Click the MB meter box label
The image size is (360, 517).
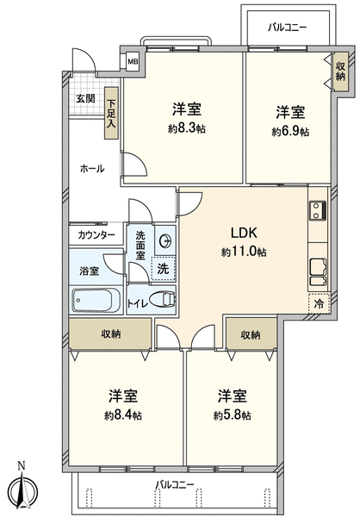(133, 61)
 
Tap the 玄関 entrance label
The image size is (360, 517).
(86, 98)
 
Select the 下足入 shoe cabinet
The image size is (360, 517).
(111, 113)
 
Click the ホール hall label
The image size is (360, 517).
(92, 169)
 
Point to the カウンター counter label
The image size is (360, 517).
(96, 235)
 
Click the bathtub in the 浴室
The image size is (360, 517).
(96, 300)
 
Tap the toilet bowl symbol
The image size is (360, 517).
(163, 300)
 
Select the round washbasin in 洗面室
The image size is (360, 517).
(165, 241)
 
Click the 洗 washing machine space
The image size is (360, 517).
(163, 268)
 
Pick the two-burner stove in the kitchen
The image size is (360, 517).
(318, 211)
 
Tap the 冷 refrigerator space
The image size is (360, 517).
(319, 303)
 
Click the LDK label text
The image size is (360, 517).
(244, 234)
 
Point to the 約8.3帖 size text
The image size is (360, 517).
(187, 128)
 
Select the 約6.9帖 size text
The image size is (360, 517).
(290, 132)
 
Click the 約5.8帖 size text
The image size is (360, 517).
(232, 415)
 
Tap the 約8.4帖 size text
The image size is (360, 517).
(123, 415)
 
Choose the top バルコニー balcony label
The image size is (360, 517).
(287, 27)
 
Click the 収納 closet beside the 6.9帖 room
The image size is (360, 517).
(340, 72)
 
